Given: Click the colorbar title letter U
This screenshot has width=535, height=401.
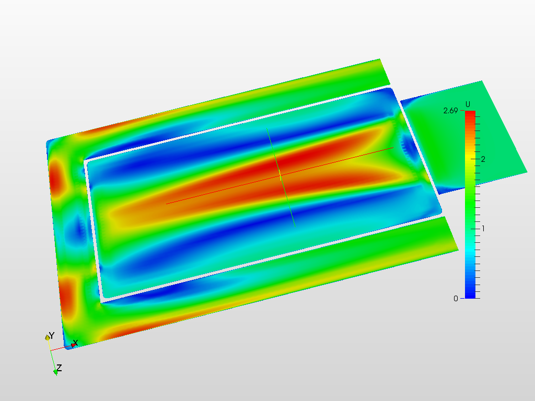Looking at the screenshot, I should pyautogui.click(x=468, y=104).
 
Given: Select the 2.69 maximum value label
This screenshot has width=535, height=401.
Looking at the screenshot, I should pyautogui.click(x=451, y=111).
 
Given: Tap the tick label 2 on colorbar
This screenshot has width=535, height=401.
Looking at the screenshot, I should pyautogui.click(x=483, y=159).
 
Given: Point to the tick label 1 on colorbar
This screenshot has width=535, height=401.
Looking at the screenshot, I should pyautogui.click(x=483, y=228).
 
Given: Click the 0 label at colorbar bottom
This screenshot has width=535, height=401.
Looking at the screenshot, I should pyautogui.click(x=456, y=298).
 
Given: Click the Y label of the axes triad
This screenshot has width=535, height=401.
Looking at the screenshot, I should pyautogui.click(x=51, y=335).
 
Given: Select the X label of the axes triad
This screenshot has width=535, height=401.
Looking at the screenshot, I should pyautogui.click(x=75, y=343).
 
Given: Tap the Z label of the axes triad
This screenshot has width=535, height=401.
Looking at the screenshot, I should pyautogui.click(x=59, y=368).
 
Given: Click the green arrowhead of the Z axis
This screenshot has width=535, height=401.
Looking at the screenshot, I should pyautogui.click(x=55, y=372).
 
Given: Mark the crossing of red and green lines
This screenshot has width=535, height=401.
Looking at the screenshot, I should pyautogui.click(x=281, y=175).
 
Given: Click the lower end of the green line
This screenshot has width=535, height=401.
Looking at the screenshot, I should pyautogui.click(x=295, y=226).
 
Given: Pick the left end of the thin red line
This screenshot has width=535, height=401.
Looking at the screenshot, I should pyautogui.click(x=166, y=204).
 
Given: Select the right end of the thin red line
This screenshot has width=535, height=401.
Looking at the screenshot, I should pyautogui.click(x=393, y=148).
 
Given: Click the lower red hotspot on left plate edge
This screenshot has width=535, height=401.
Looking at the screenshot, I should pyautogui.click(x=66, y=295).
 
